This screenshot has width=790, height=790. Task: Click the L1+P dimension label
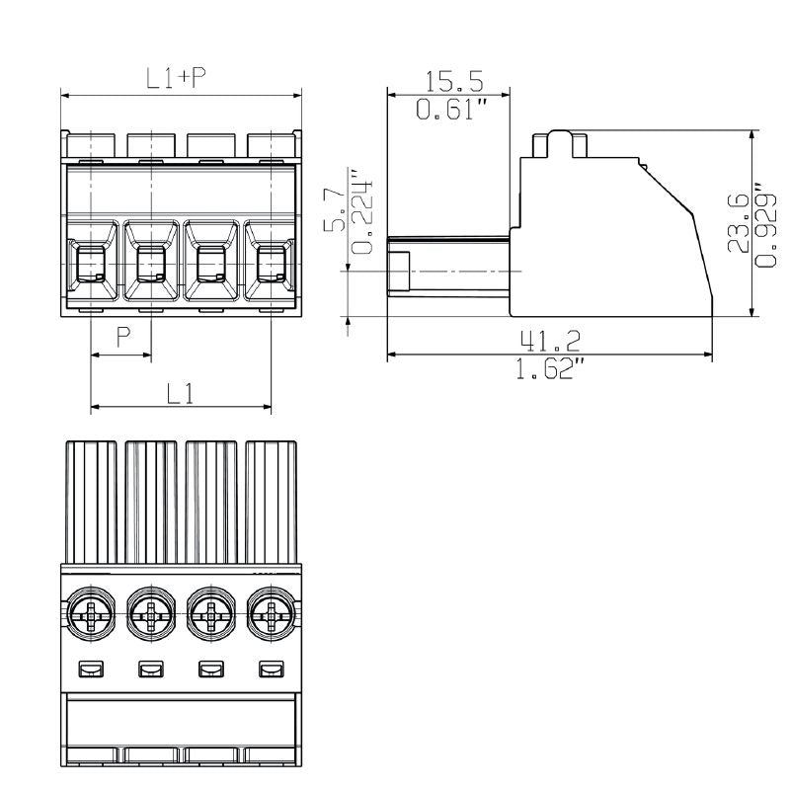pos(177,79)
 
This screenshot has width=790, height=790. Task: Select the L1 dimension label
pos(179,393)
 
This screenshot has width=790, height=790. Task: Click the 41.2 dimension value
pos(550,342)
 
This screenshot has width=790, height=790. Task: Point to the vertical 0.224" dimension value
pos(364,217)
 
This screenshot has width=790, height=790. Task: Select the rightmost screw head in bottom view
pos(270,618)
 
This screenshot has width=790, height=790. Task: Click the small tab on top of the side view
pos(560,143)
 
